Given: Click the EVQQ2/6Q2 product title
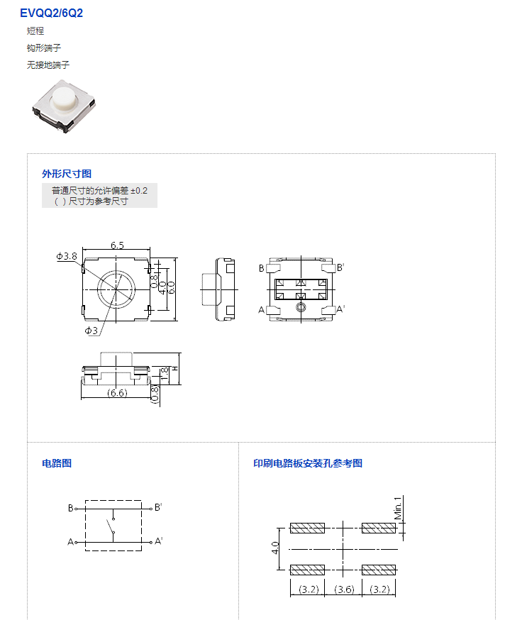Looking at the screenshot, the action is click(x=51, y=13).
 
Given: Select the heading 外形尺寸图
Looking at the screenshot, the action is click(x=67, y=174).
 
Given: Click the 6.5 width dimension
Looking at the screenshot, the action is click(x=117, y=245).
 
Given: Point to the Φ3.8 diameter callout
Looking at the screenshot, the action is click(x=67, y=256).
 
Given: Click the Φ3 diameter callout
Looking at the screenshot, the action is click(x=91, y=330).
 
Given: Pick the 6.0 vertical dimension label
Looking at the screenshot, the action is click(x=171, y=287).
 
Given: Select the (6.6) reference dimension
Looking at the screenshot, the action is click(x=117, y=392).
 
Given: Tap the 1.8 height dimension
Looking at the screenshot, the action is click(x=165, y=374).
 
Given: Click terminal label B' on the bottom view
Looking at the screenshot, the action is click(x=340, y=267).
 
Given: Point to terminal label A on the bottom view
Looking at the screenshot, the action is click(x=262, y=310).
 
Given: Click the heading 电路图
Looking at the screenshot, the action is click(x=57, y=463).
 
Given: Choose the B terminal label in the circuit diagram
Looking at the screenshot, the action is click(x=70, y=508).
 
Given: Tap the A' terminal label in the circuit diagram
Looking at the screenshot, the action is click(x=158, y=541).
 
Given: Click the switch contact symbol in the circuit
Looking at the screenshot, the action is click(x=111, y=526).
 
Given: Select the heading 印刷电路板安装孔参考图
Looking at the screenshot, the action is click(x=308, y=463).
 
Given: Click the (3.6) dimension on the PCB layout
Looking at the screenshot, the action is click(x=344, y=589).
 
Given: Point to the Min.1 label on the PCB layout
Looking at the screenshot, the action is click(x=398, y=508).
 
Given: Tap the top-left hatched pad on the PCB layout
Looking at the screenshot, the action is click(x=307, y=528).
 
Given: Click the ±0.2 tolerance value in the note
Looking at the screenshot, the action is click(x=139, y=191).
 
